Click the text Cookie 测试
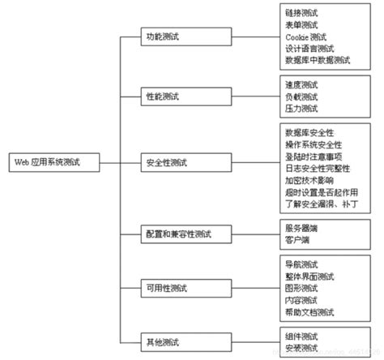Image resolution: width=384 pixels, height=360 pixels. (x=307, y=37)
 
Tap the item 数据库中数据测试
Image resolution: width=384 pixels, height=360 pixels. (x=318, y=60)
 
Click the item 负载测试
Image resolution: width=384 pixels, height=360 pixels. (x=302, y=96)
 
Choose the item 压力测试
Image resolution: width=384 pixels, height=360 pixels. (x=302, y=109)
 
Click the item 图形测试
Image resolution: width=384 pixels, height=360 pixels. (x=302, y=287)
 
